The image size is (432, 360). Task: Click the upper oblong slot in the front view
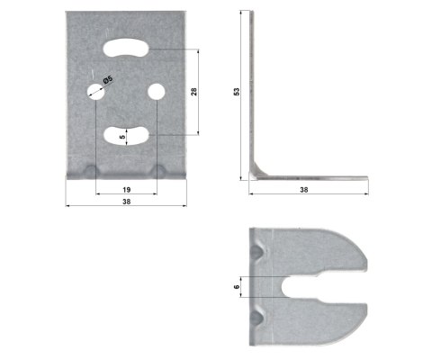tap(127, 49)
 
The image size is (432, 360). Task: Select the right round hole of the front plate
tap(157, 92)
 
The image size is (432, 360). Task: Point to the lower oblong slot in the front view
tap(127, 135)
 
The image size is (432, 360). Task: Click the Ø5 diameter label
tap(108, 79)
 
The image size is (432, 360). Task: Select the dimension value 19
tap(126, 191)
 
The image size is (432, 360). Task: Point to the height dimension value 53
tap(237, 92)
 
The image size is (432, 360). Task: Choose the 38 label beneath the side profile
tap(305, 192)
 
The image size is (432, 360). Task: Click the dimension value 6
tap(237, 286)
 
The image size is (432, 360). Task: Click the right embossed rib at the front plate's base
tap(160, 171)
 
